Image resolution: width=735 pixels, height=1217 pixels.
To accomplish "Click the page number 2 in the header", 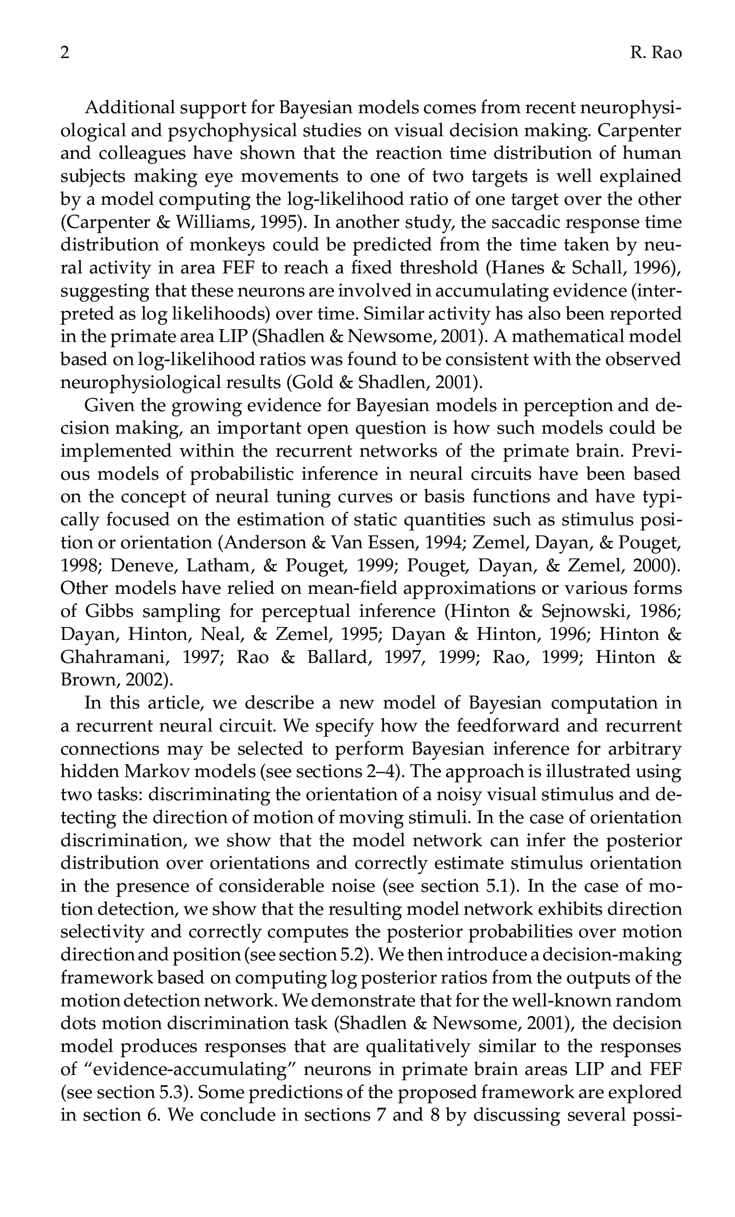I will click(x=65, y=53).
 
